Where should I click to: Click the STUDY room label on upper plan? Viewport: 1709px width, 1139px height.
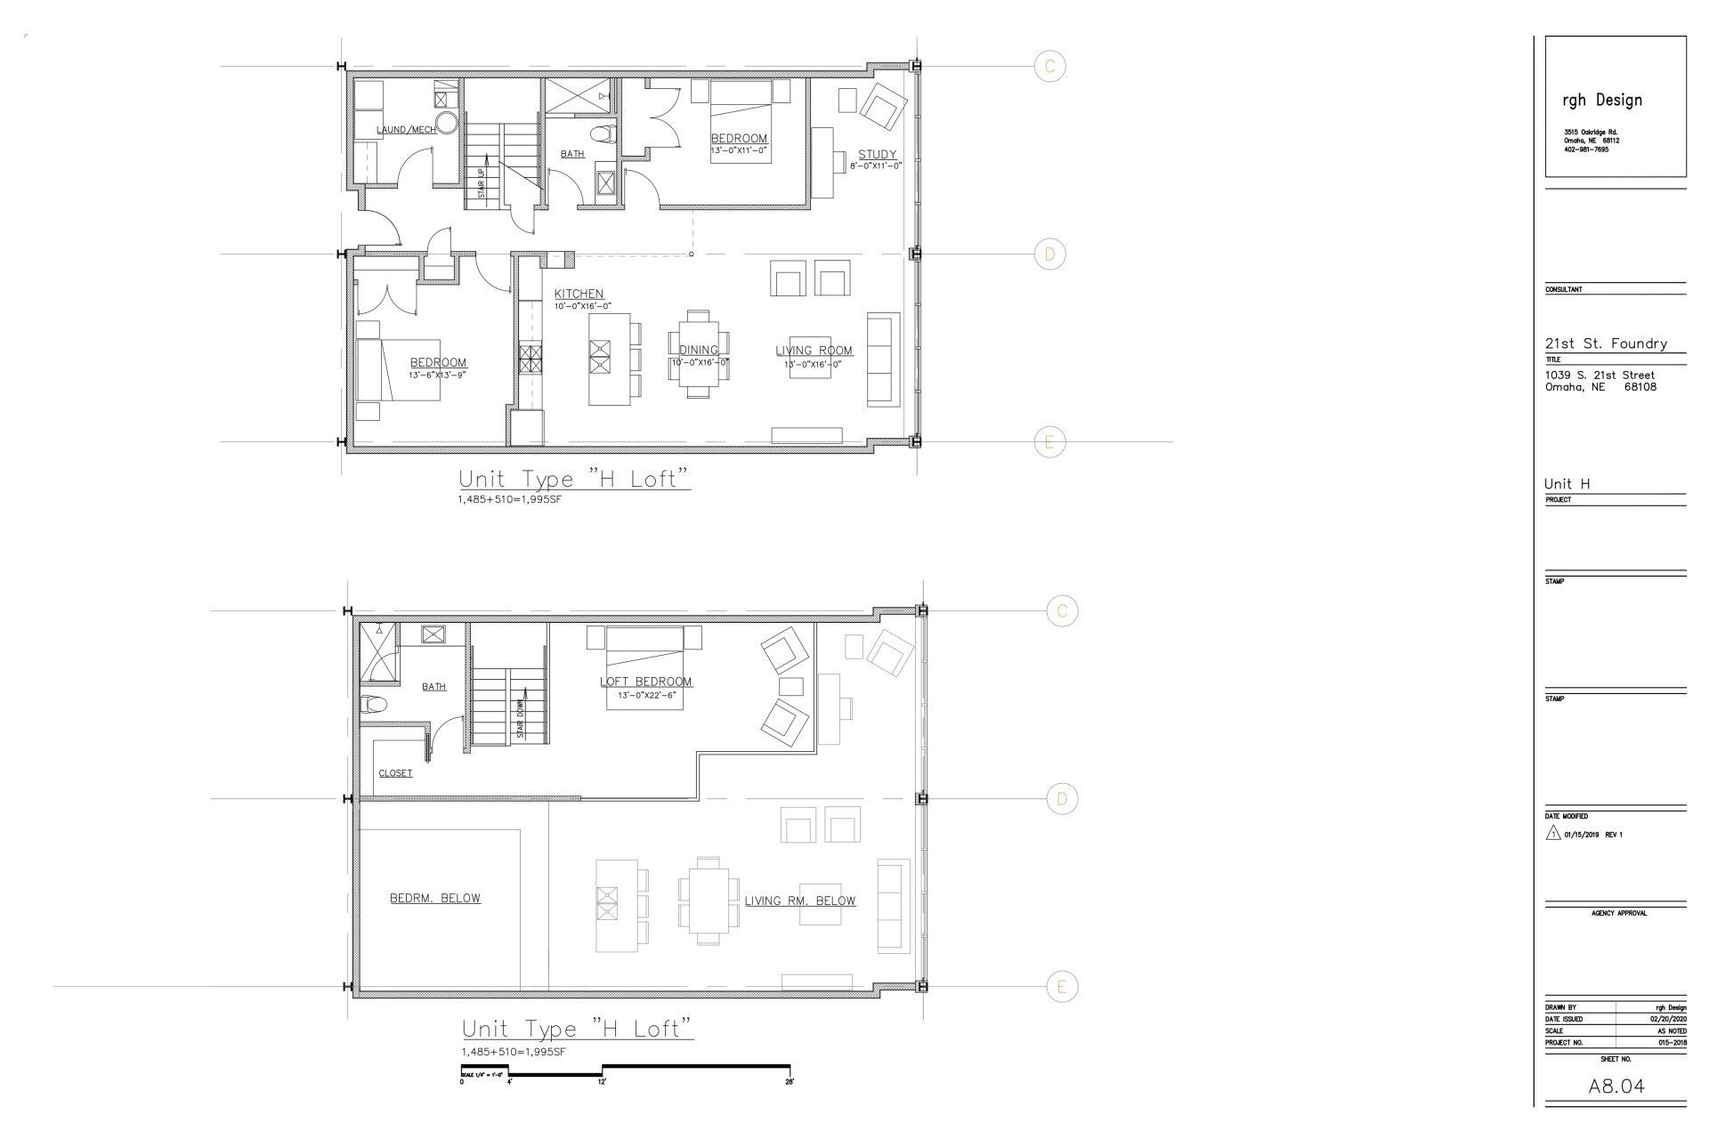click(877, 155)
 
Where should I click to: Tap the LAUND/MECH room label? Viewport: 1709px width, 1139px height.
click(406, 130)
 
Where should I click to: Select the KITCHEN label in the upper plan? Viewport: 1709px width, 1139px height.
click(579, 294)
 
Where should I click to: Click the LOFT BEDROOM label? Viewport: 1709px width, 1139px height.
click(645, 682)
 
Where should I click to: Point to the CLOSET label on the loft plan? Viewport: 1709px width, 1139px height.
click(395, 773)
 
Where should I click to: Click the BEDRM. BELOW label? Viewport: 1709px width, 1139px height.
click(434, 898)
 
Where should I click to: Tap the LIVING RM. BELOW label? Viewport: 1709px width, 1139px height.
click(799, 901)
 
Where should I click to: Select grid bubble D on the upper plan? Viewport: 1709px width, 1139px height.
click(1049, 254)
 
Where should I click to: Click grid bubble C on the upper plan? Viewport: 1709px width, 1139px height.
click(1049, 66)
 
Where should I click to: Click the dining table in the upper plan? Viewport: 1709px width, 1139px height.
click(699, 353)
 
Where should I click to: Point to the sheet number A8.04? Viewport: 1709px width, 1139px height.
click(1616, 1086)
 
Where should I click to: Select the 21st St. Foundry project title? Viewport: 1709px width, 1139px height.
click(1606, 343)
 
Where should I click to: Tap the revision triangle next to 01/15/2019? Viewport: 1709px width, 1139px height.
click(1553, 835)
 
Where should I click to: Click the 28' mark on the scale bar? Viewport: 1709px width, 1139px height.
click(789, 1083)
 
